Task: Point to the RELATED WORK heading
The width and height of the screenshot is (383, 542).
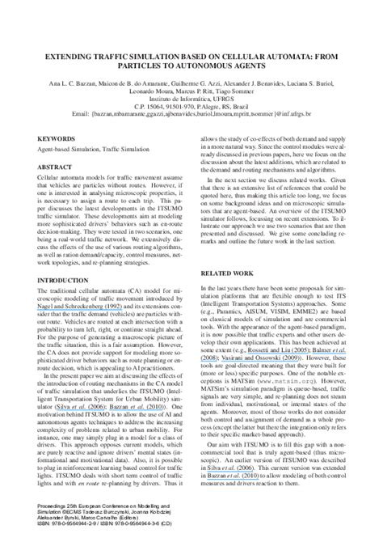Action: pos(230,296)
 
